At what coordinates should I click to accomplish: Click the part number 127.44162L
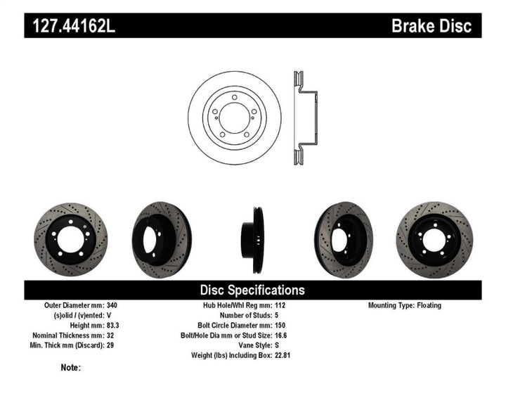coord(71,26)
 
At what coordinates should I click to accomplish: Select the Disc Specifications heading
coord(252,290)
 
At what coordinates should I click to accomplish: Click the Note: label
coord(70,367)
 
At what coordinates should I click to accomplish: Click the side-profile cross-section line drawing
coord(303,117)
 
